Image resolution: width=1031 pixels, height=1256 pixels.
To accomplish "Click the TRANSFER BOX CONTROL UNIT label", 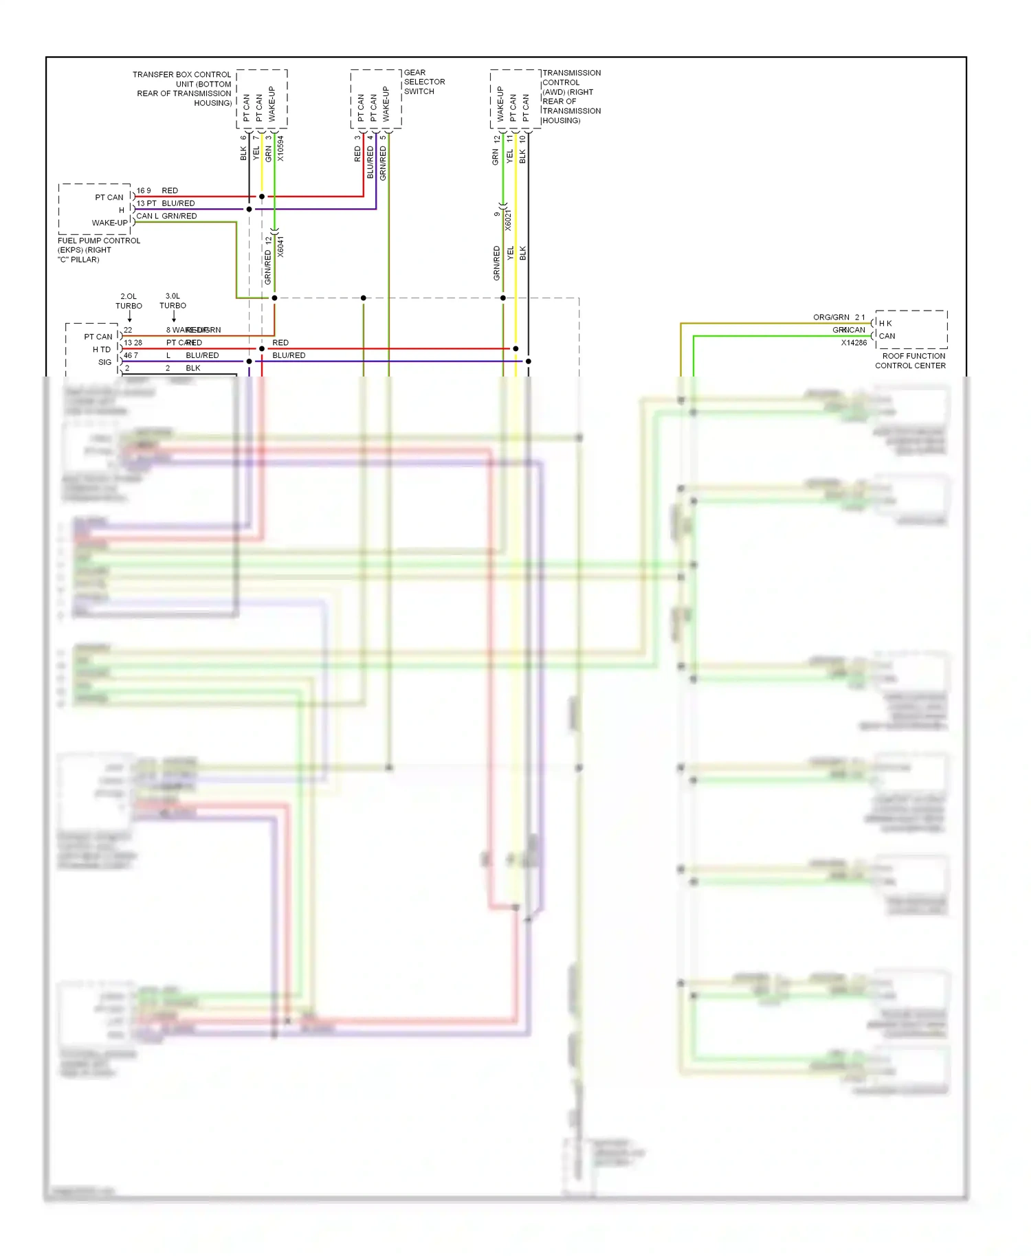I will click(183, 89).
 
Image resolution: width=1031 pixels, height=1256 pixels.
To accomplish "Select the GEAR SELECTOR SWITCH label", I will click(423, 82).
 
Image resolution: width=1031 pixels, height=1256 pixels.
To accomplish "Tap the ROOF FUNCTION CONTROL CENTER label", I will click(910, 361).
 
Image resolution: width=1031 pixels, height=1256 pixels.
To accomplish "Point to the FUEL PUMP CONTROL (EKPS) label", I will click(98, 250).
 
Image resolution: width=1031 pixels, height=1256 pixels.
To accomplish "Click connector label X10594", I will click(280, 148).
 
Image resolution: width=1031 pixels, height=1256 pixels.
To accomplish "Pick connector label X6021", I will click(509, 220).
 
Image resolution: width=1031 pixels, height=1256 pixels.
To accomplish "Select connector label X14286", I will click(854, 343).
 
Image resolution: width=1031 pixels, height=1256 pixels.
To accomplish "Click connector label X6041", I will click(280, 247).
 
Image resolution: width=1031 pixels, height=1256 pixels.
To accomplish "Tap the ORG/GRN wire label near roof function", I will click(831, 317).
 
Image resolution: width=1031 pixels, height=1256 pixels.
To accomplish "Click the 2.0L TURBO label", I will click(129, 301).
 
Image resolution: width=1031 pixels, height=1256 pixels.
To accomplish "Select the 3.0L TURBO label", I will click(173, 301).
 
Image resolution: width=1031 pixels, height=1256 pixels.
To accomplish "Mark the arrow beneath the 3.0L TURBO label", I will click(173, 317).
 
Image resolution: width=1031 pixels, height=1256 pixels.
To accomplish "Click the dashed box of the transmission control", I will click(515, 99).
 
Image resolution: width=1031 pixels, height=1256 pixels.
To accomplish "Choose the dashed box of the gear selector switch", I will click(375, 99).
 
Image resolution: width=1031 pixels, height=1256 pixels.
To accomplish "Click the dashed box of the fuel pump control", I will click(94, 209).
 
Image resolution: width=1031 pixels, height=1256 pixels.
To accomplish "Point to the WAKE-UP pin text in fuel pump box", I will click(110, 223).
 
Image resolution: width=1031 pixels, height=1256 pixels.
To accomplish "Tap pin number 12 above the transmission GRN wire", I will click(496, 139).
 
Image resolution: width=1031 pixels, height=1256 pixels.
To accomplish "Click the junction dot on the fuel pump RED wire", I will click(262, 197).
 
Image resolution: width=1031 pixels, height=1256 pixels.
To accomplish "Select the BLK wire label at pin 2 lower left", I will click(193, 368).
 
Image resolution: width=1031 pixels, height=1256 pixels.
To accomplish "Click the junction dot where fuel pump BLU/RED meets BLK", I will click(250, 209).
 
